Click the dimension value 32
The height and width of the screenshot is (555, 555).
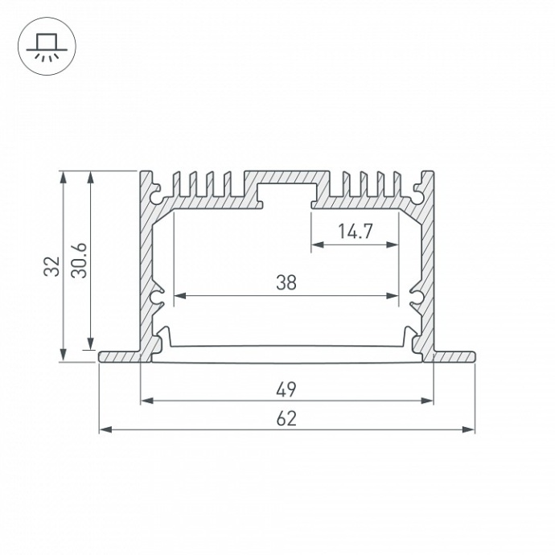[x=52, y=266]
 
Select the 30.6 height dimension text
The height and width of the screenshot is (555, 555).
[x=79, y=260]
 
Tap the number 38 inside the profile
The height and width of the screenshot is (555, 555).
[x=286, y=282]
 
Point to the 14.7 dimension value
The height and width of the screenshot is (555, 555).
[x=355, y=232]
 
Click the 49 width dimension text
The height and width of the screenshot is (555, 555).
[x=286, y=390]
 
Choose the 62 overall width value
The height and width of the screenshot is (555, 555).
[x=286, y=419]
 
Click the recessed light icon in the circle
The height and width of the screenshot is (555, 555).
[x=47, y=47]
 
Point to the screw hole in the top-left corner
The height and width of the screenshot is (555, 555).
[x=155, y=194]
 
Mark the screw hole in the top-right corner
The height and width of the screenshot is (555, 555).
[x=418, y=194]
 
